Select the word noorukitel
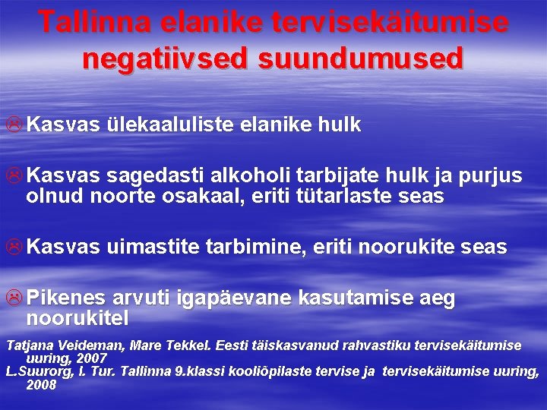tap(77, 317)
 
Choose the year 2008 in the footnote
tap(41, 384)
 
